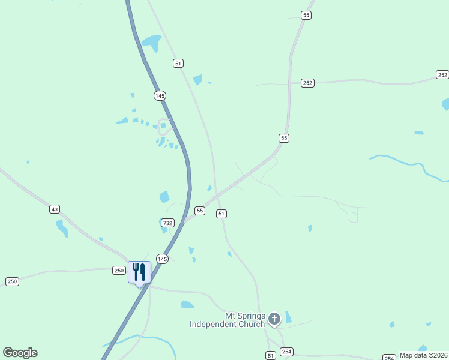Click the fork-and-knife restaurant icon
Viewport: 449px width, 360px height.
click(x=139, y=273)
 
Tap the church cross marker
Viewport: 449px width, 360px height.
click(x=274, y=319)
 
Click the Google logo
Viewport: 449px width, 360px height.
click(x=20, y=353)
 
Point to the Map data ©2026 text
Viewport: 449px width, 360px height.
click(x=424, y=355)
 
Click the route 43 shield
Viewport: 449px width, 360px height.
click(x=55, y=209)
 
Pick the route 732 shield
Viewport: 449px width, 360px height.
click(x=167, y=223)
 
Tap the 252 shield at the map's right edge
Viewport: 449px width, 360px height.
click(x=442, y=75)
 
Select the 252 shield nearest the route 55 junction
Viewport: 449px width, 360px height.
click(x=307, y=83)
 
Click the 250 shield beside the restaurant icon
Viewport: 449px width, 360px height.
click(x=119, y=271)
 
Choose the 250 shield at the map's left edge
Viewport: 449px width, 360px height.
click(x=12, y=281)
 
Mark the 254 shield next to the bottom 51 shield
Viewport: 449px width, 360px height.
click(x=286, y=352)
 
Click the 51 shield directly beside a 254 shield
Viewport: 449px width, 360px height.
click(x=271, y=355)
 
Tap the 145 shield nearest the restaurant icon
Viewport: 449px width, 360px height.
click(x=162, y=259)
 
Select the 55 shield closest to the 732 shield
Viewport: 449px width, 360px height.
click(x=200, y=211)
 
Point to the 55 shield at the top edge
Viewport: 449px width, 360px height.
click(x=306, y=15)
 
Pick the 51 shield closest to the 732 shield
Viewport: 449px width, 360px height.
click(x=221, y=214)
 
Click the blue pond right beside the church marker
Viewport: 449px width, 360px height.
click(x=288, y=317)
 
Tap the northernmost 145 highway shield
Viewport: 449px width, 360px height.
click(x=159, y=95)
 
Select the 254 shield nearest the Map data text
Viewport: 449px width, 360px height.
click(x=389, y=357)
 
